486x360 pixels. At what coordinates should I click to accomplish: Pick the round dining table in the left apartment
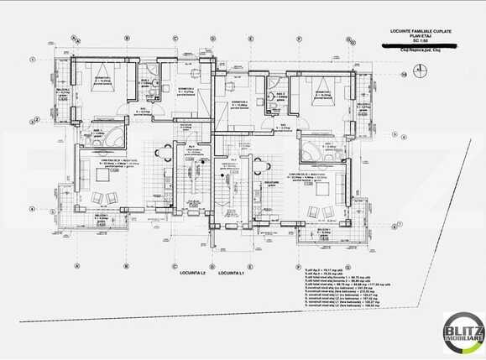coord(166,154)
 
